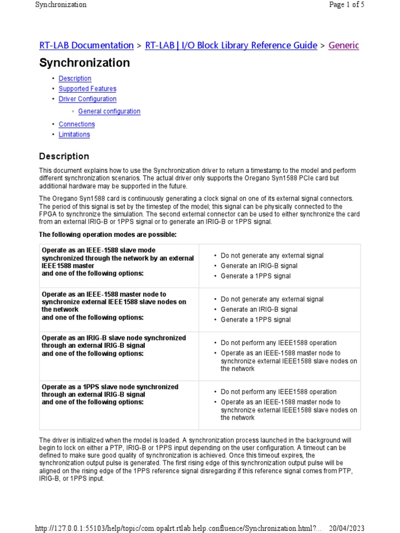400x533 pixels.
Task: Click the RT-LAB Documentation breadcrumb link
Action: tap(86, 45)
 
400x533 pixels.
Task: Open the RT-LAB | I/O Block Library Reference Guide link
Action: tap(231, 45)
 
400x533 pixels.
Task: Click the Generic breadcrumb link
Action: tap(343, 45)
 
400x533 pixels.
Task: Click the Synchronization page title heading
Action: tap(84, 63)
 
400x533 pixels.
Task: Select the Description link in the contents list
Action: tap(75, 79)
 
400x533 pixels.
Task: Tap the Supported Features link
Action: tap(87, 89)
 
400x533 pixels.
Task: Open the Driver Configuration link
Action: tap(87, 99)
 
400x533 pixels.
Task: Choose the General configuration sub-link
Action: tap(109, 111)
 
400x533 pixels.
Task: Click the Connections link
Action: tap(77, 124)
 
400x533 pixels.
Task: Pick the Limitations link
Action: tap(74, 135)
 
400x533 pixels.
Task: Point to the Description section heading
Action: tap(64, 156)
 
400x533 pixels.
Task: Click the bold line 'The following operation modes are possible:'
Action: tap(108, 235)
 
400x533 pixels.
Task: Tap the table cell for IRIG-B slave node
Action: tap(114, 346)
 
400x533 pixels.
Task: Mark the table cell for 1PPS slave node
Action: tap(110, 395)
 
